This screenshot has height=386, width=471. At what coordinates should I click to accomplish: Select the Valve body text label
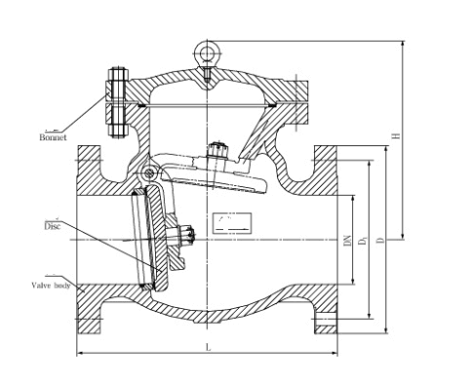coord(48,286)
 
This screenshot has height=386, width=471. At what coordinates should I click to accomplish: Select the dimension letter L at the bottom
coord(208,347)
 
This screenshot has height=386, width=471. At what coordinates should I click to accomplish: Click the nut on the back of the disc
coord(187,235)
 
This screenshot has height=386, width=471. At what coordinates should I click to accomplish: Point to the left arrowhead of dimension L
coord(81,355)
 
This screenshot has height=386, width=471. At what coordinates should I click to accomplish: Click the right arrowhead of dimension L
coord(336,355)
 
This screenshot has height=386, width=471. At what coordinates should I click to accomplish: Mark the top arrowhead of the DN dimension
coord(354,194)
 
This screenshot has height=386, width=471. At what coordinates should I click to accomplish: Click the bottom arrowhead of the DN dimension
coord(354,283)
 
